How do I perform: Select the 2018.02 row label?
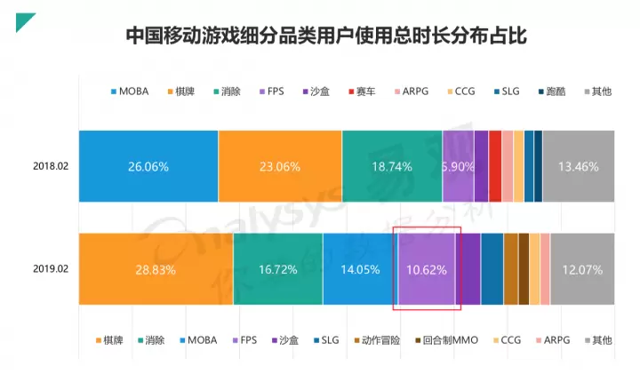tap(51, 166)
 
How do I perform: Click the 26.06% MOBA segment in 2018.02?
tap(148, 166)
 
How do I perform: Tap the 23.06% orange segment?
tap(280, 166)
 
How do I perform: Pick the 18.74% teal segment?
tap(392, 166)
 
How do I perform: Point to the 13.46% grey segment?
tap(578, 166)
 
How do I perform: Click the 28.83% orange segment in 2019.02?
tap(156, 269)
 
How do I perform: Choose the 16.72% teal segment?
tap(277, 269)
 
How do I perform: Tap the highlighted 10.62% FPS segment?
tap(427, 269)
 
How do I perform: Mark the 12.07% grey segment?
tap(581, 269)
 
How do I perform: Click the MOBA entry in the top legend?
tap(132, 91)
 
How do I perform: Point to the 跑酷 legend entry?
tap(556, 91)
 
